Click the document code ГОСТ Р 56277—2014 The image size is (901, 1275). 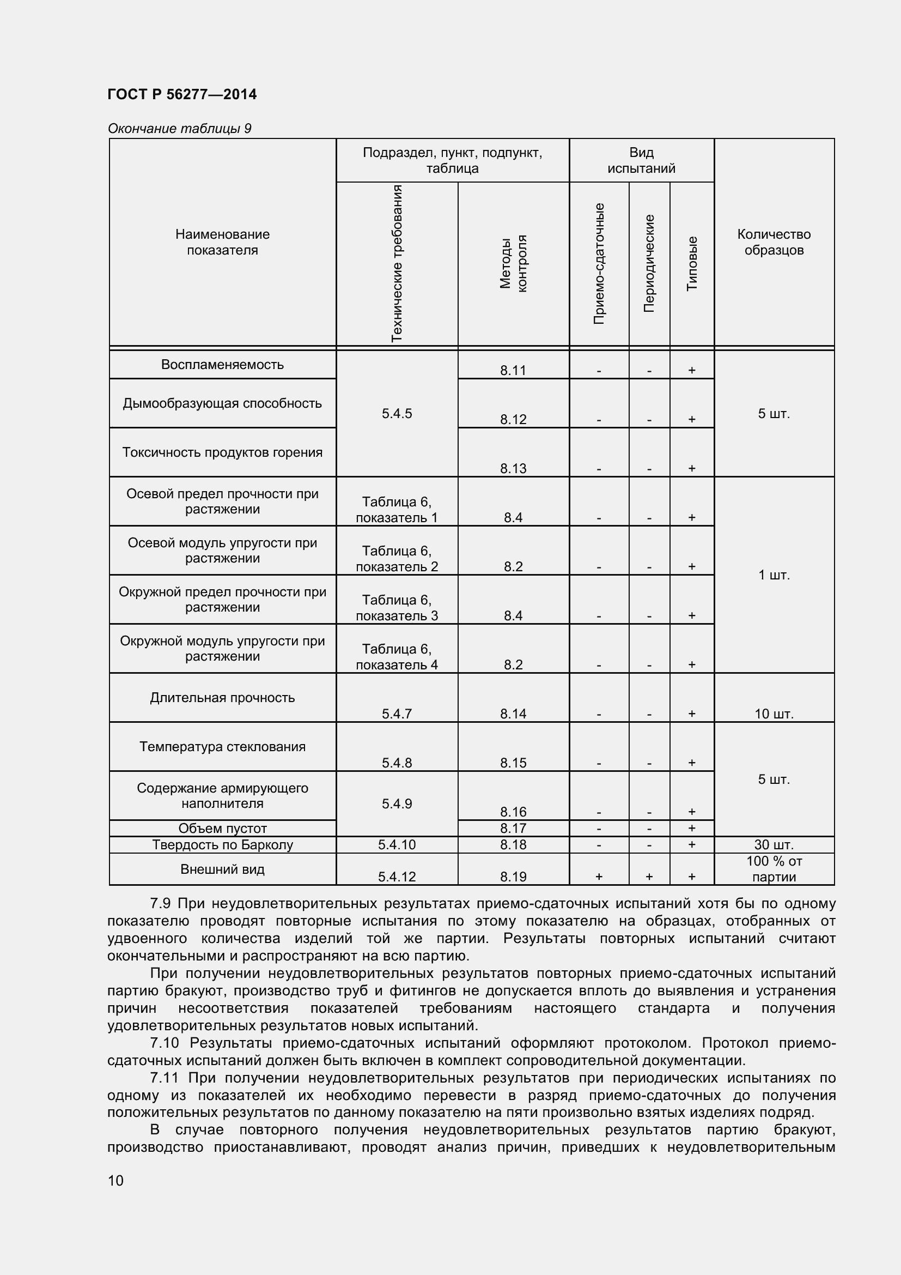pos(182,94)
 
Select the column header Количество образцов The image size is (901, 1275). pos(774,242)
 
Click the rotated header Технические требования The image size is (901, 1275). pos(397,264)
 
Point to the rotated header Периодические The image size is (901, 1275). pos(649,264)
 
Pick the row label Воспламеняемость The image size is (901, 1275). pos(222,365)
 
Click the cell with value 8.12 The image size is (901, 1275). pos(513,419)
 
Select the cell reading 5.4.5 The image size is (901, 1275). pos(397,414)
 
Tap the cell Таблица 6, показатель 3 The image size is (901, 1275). pos(397,607)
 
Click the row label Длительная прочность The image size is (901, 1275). pos(222,698)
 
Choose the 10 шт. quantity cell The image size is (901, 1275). pos(774,714)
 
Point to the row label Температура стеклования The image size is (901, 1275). pos(222,746)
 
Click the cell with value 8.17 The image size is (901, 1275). pos(513,828)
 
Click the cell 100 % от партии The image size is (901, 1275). pos(774,869)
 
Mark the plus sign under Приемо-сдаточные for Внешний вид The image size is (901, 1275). pos(599,877)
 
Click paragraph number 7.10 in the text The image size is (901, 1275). pos(164,1043)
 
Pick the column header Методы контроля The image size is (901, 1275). pos(513,264)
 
